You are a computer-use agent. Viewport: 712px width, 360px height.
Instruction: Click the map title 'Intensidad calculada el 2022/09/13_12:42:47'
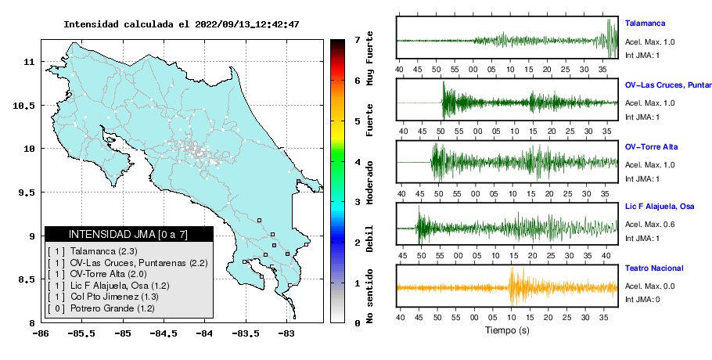182,24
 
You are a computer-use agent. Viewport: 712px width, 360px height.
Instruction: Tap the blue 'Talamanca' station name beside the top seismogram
645,23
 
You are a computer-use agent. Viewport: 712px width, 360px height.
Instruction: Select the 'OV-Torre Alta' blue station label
651,146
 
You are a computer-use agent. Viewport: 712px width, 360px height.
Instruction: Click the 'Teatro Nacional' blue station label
654,268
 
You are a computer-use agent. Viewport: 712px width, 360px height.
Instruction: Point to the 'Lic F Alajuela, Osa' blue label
660,207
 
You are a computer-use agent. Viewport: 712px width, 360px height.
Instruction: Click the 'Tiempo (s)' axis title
507,330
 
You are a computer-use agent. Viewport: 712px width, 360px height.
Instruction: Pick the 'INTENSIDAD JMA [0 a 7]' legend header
128,234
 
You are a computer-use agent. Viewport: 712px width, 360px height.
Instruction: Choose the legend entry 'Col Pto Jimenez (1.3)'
114,297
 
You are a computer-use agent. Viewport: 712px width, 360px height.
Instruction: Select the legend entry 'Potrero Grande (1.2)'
112,308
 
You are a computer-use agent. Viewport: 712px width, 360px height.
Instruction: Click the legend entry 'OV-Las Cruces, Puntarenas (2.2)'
138,263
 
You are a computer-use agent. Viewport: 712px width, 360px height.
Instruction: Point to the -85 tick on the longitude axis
123,333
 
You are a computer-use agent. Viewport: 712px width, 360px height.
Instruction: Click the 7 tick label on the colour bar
358,40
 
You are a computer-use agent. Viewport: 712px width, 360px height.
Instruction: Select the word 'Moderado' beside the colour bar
369,182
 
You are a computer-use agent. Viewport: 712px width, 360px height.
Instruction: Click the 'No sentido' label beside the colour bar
369,296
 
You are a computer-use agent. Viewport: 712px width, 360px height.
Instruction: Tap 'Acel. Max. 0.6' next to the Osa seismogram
649,225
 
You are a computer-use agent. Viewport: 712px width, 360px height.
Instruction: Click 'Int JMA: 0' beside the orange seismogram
642,299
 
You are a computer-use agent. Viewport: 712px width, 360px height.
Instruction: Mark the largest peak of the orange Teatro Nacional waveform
512,268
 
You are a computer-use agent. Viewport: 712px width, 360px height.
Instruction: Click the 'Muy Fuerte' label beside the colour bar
369,59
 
